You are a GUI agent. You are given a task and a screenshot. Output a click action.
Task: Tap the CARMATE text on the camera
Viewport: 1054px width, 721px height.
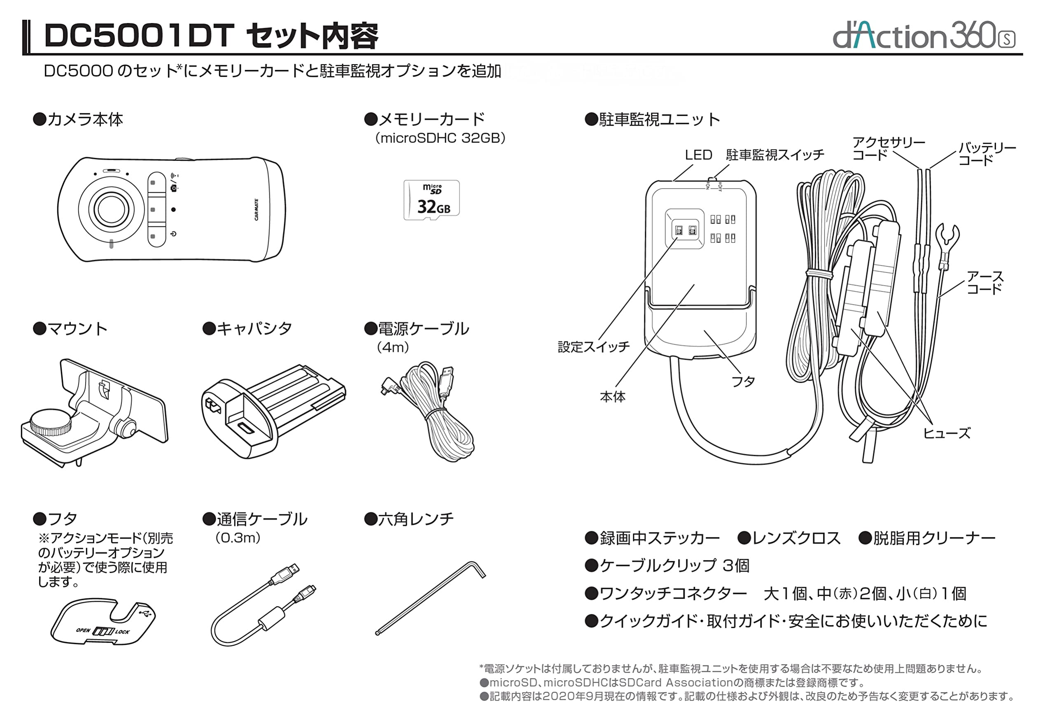pos(256,209)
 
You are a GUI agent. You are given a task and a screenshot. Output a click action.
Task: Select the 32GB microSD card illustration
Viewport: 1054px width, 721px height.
pos(431,200)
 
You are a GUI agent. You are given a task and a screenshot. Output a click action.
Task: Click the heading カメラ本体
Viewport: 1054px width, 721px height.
pos(78,120)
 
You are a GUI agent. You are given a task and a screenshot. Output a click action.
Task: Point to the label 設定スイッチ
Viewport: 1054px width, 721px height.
pos(593,347)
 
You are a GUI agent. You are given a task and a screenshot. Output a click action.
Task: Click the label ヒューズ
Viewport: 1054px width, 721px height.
pos(947,433)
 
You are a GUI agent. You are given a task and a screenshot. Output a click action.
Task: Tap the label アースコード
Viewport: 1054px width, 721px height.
pos(984,282)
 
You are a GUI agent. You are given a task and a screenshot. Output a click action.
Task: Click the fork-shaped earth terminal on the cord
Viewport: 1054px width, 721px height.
pos(947,237)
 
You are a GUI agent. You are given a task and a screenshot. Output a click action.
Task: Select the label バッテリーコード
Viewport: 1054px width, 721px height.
pos(987,154)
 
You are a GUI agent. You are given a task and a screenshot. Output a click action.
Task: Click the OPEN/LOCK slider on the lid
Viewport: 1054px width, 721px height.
pos(103,631)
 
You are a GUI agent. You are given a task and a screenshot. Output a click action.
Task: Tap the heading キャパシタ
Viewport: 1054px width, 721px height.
pos(247,328)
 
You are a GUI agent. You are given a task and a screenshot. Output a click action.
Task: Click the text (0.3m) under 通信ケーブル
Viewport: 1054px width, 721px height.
pos(238,538)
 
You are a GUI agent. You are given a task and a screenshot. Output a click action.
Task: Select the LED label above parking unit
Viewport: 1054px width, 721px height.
pos(698,155)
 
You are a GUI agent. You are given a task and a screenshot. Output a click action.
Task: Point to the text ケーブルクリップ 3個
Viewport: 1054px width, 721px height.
pos(667,565)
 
